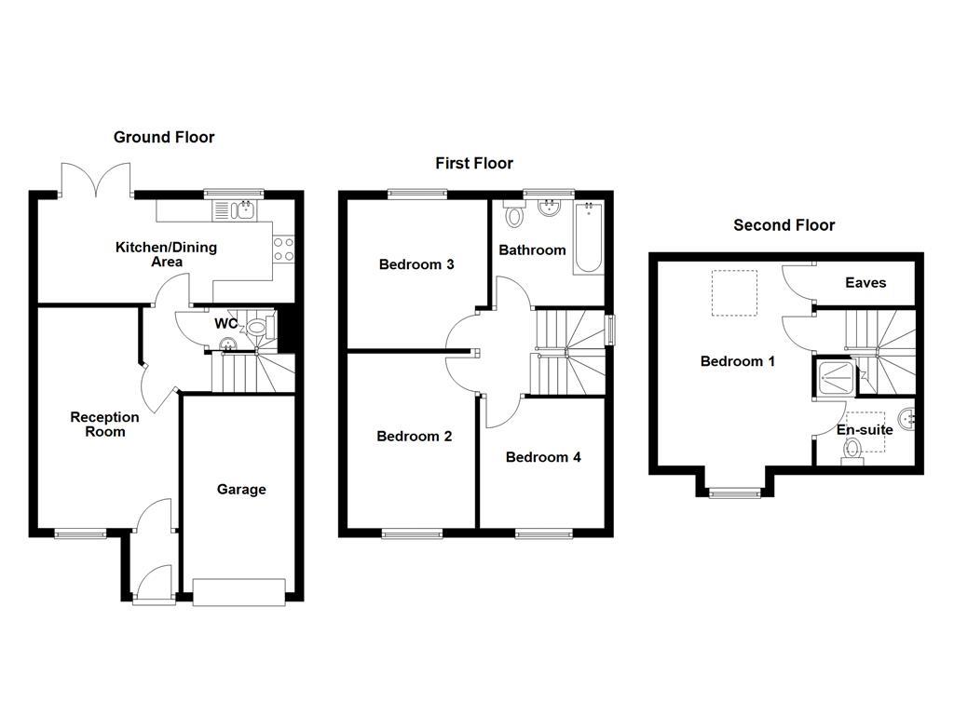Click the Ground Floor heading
[164, 137]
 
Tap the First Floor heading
[474, 163]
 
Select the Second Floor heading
[784, 224]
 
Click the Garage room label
[241, 489]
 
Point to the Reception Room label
[104, 425]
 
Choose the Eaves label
[865, 282]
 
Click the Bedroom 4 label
[543, 457]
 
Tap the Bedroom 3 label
[416, 264]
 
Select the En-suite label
[865, 430]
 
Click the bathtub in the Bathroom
[588, 237]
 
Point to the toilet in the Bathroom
[513, 215]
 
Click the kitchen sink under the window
[238, 210]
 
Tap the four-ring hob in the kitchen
[282, 249]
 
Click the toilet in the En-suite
[852, 452]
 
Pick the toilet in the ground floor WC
[258, 326]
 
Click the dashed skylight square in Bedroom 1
[733, 292]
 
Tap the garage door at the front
[238, 592]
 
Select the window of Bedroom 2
[411, 533]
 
